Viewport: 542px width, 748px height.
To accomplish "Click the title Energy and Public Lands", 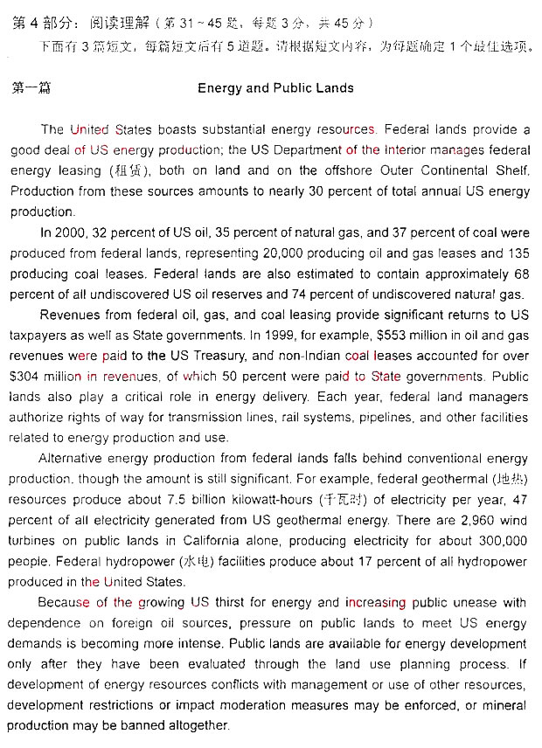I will click(275, 88).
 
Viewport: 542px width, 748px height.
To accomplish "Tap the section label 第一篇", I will click(32, 88).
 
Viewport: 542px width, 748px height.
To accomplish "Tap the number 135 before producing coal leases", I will click(518, 253).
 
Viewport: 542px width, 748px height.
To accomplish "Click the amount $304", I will click(27, 377).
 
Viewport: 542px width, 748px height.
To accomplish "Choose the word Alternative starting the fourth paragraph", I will click(73, 459).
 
